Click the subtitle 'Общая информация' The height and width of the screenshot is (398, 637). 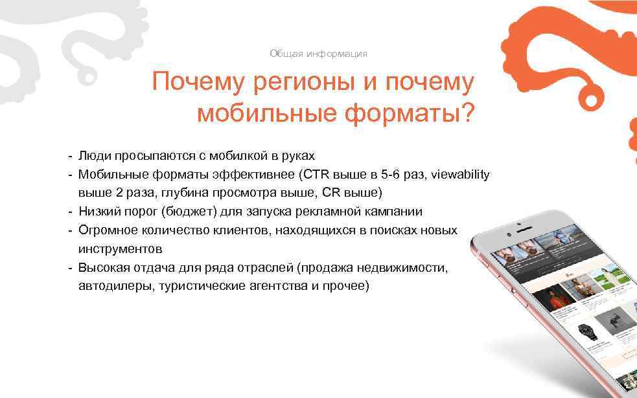(318, 54)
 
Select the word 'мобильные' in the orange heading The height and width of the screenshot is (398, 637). (265, 113)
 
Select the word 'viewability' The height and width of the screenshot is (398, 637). (460, 175)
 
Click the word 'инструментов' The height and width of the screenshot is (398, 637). (120, 249)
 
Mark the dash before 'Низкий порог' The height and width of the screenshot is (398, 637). (68, 212)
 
